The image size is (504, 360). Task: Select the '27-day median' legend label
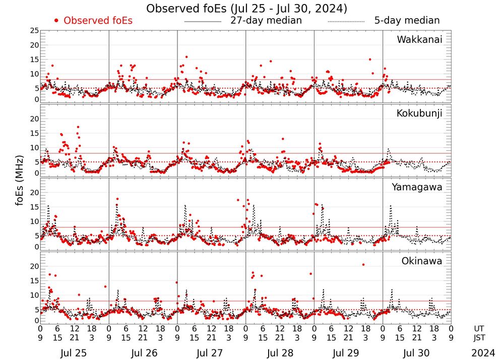tap(266, 21)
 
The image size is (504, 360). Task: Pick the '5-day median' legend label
tap(407, 21)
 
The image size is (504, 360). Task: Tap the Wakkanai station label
tap(419, 39)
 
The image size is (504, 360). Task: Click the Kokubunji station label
tap(418, 113)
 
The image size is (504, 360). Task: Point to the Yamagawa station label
tap(417, 187)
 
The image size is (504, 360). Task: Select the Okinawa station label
tap(421, 261)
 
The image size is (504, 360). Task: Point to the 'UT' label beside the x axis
tap(479, 328)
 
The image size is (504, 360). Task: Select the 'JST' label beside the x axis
tap(479, 337)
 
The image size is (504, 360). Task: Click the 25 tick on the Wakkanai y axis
tap(34, 31)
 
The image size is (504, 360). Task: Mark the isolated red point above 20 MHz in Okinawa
tap(363, 265)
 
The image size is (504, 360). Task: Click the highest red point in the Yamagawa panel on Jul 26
tap(117, 199)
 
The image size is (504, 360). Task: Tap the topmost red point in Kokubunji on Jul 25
tap(78, 127)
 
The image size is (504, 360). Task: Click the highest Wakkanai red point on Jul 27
tap(186, 57)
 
